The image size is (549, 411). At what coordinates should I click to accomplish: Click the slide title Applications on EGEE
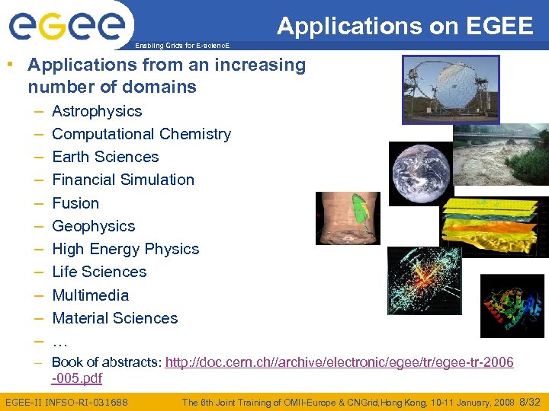(x=405, y=27)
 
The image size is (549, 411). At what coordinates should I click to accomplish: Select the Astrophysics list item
(x=97, y=111)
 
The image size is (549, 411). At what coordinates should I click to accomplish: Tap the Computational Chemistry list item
(x=141, y=134)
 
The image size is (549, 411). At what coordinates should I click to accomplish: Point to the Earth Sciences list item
(x=105, y=157)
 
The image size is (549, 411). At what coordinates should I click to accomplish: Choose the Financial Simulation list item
(x=123, y=180)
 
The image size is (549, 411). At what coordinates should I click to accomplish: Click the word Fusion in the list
(x=75, y=203)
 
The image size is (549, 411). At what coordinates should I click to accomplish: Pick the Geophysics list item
(x=93, y=226)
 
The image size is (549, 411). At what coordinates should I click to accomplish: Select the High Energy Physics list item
(x=125, y=249)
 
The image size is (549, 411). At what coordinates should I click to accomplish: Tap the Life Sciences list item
(x=99, y=272)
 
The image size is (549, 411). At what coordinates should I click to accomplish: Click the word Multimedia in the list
(x=90, y=295)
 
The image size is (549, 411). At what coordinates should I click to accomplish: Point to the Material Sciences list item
(x=114, y=318)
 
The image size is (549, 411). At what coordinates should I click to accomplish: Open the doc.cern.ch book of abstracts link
(x=339, y=363)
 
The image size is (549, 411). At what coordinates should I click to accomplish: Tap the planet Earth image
(x=421, y=174)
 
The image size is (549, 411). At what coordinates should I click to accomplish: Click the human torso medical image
(x=347, y=218)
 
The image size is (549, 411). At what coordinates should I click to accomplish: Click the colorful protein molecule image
(x=512, y=305)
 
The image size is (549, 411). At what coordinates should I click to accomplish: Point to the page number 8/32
(x=528, y=402)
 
